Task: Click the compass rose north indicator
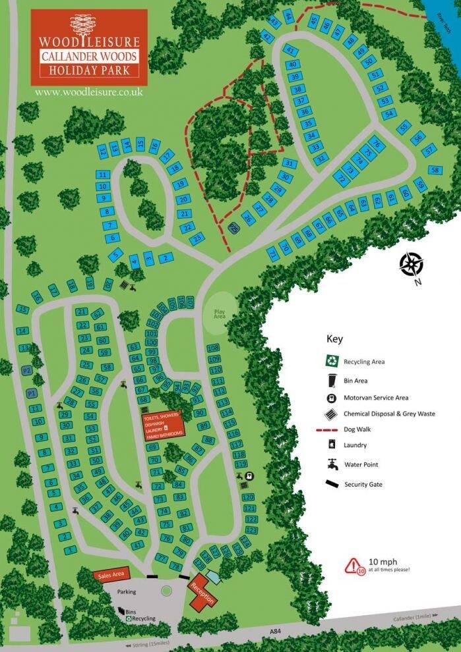pos(411,265)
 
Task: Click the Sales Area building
pos(111,575)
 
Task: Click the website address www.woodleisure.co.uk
pos(89,92)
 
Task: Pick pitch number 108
pos(213,348)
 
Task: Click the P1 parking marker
pos(31,393)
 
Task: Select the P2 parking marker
pos(27,371)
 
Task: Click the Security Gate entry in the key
pos(363,484)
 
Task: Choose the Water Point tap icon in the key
pos(333,465)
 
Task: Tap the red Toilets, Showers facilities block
pos(163,426)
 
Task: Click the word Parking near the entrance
pos(127,591)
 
